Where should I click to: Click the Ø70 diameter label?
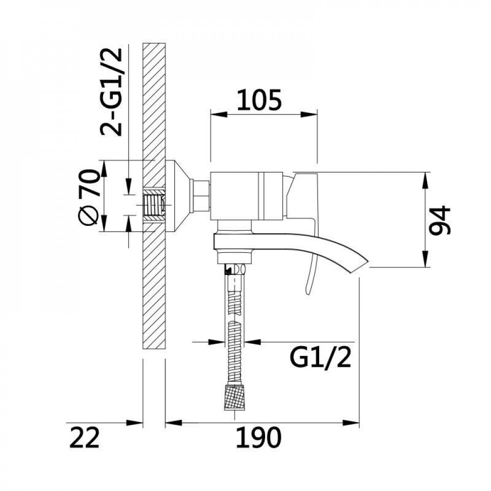(90, 196)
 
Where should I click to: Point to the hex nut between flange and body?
(200, 195)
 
